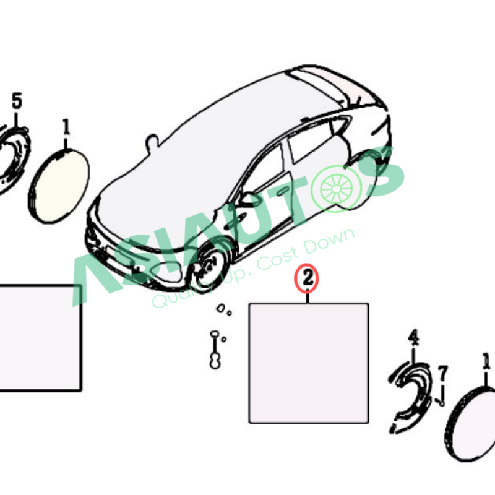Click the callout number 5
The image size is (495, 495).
coord(17,101)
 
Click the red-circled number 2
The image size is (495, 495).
coord(308,278)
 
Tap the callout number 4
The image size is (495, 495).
coord(413,337)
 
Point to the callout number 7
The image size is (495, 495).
coord(443,374)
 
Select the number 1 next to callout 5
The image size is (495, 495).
coord(66,127)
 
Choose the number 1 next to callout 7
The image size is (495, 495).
coord(486,361)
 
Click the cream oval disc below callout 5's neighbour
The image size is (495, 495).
coord(59,186)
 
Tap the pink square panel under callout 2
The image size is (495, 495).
coord(308,363)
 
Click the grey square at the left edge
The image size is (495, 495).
coord(40,338)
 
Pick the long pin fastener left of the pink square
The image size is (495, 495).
coord(215,350)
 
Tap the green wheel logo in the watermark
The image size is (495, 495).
coord(336,189)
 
